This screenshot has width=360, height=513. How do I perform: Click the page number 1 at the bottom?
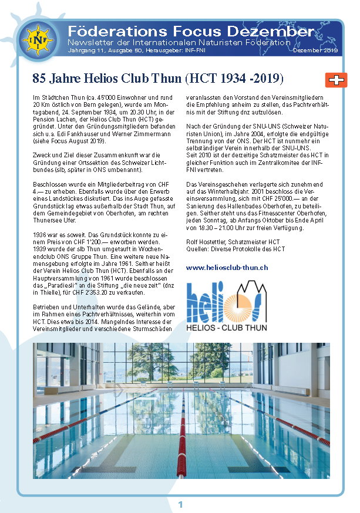point(180,504)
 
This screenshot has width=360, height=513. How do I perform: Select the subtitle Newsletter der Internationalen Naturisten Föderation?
point(179,42)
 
